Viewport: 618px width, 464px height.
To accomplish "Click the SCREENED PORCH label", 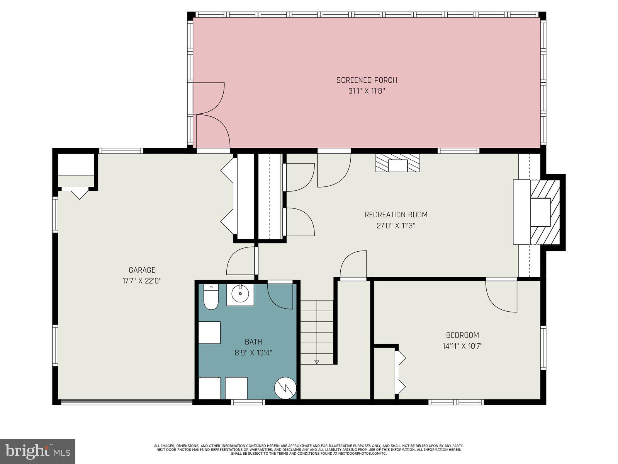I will click(x=366, y=80).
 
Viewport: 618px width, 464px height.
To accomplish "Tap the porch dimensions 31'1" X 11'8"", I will click(x=366, y=92).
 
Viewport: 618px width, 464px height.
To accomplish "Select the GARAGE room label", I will click(x=142, y=270).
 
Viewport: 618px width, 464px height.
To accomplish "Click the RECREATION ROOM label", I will click(x=396, y=215).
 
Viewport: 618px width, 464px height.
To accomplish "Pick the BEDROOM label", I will click(x=462, y=335).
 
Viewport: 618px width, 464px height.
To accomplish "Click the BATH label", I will click(x=253, y=341).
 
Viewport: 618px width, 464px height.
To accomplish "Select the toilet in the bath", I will click(x=211, y=297).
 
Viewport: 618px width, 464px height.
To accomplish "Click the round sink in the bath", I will click(x=240, y=294).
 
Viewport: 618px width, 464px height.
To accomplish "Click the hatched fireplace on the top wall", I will click(x=397, y=163).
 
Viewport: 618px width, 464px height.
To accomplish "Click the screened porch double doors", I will click(x=211, y=115).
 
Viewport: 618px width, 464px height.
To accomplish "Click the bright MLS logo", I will click(x=38, y=452).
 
